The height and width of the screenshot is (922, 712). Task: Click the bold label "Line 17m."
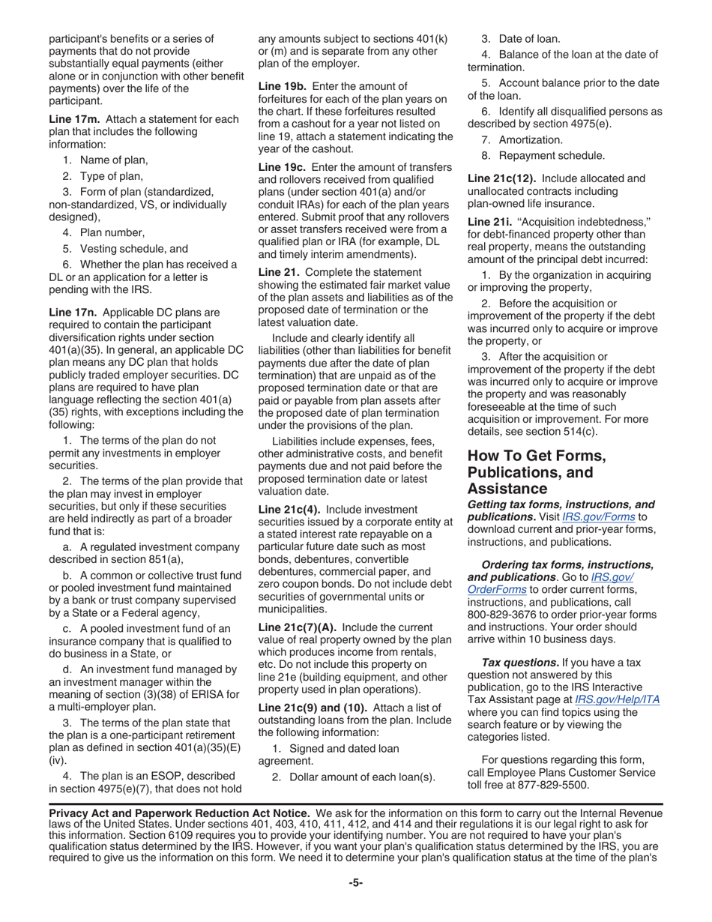coord(76,119)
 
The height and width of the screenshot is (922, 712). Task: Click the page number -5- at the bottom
coord(355,883)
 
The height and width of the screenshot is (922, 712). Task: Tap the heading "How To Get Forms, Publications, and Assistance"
coord(537,472)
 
